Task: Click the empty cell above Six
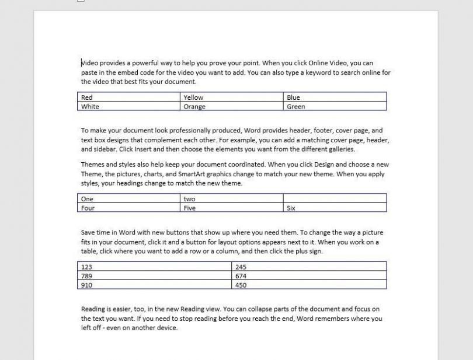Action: pos(335,199)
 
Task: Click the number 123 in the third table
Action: pos(86,267)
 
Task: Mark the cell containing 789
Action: pos(86,276)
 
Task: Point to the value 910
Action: pos(86,285)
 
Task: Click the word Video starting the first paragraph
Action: pos(90,63)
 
